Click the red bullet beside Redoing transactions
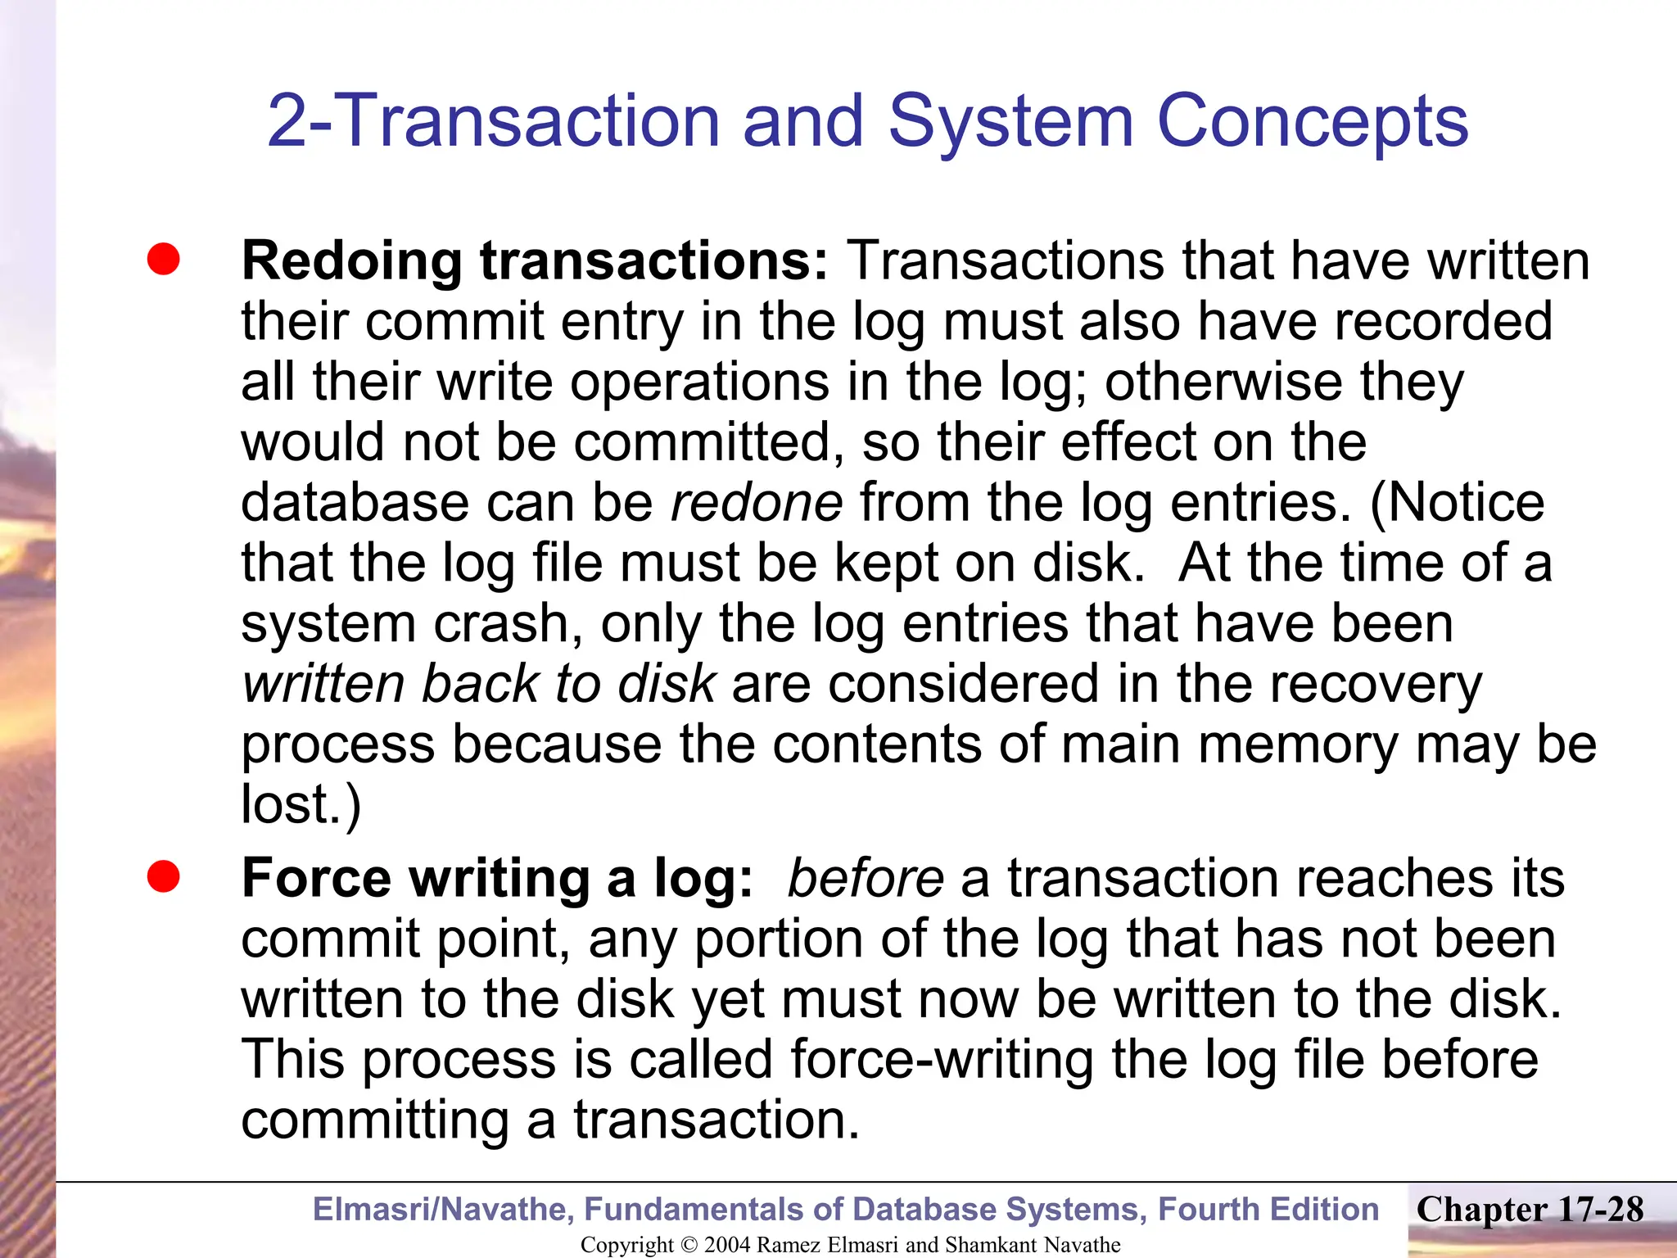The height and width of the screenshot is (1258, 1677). [x=163, y=260]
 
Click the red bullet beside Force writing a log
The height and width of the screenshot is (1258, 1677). [x=163, y=877]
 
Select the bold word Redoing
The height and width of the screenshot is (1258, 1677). [x=352, y=261]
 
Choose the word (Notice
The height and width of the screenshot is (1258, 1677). [x=1458, y=502]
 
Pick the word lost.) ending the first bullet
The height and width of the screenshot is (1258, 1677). [x=301, y=804]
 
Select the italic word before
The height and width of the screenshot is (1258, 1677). [x=865, y=879]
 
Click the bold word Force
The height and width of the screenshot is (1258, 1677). [x=317, y=879]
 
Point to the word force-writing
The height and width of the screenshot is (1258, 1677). [x=942, y=1060]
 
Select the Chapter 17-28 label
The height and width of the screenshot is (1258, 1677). [x=1530, y=1210]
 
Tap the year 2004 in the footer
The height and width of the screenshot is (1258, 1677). [x=727, y=1245]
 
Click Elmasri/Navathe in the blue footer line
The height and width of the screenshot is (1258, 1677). [x=443, y=1210]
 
